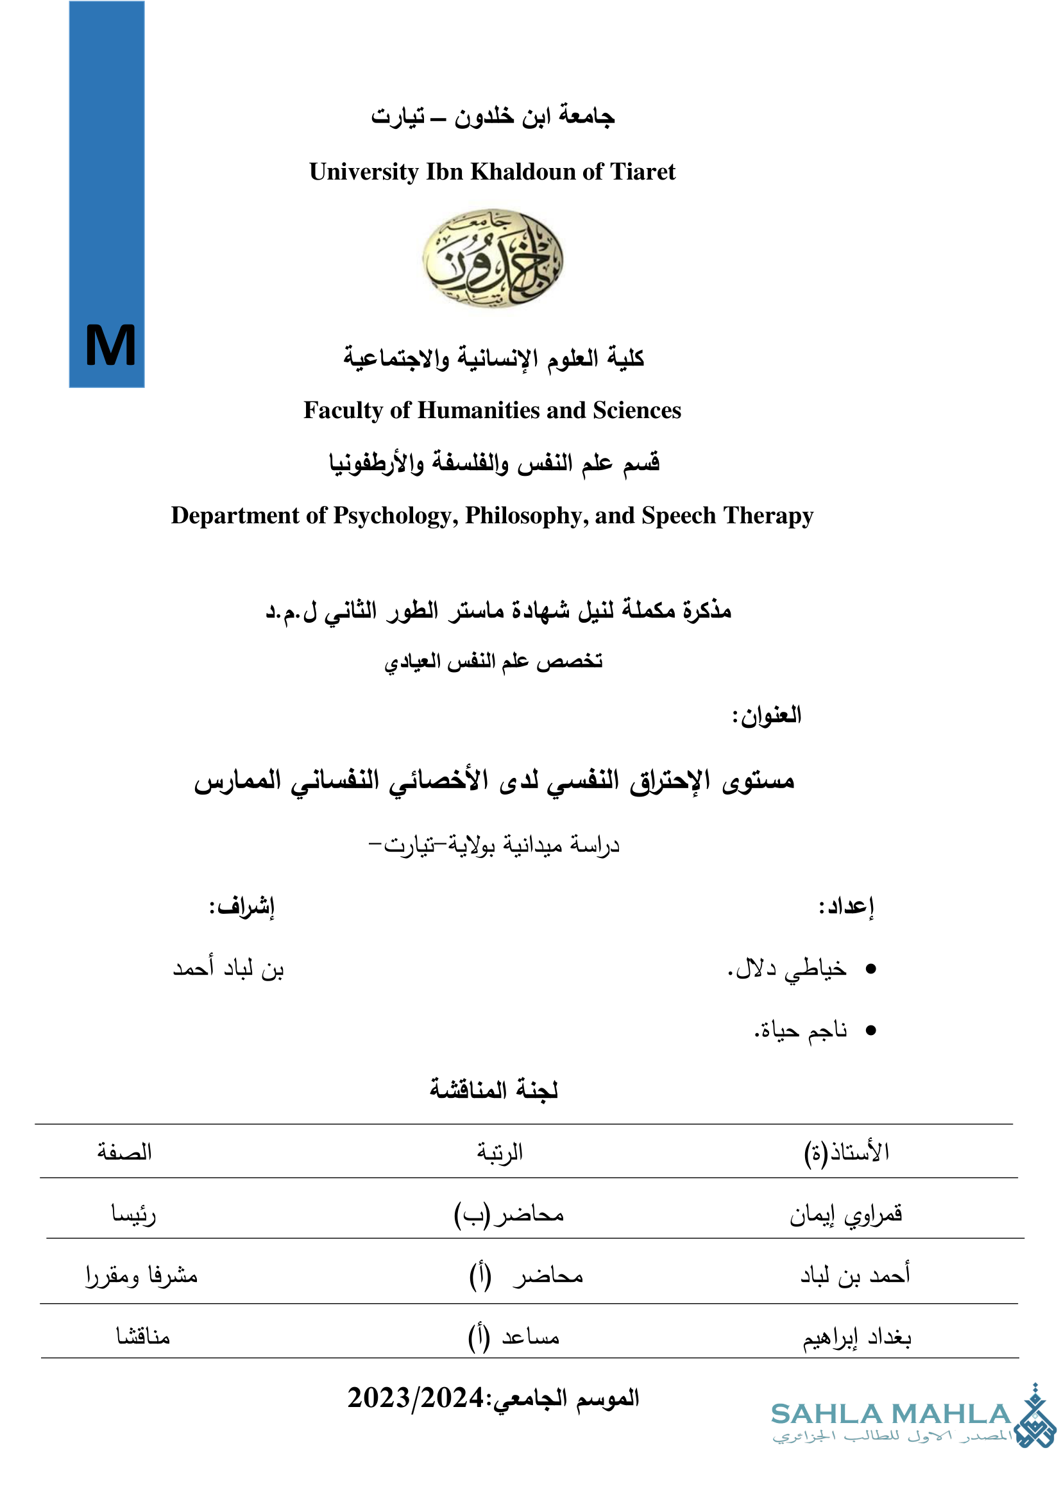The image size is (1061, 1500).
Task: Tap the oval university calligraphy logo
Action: click(x=493, y=258)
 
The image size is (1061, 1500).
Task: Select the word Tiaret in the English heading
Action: click(x=643, y=172)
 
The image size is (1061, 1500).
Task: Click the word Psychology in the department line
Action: click(x=395, y=516)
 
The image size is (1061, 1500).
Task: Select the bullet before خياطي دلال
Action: click(x=870, y=970)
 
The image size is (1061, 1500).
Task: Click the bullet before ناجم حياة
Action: click(x=870, y=1031)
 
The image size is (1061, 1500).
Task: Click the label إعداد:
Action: click(x=846, y=907)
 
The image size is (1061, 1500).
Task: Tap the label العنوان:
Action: click(x=767, y=716)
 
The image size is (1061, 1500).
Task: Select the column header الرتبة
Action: click(x=499, y=1152)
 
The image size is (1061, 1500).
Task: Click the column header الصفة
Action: click(x=124, y=1152)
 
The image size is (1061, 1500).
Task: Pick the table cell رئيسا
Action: click(x=133, y=1214)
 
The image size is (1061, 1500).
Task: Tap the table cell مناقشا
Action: click(x=143, y=1336)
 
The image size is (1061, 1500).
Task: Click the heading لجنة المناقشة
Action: click(x=493, y=1089)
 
